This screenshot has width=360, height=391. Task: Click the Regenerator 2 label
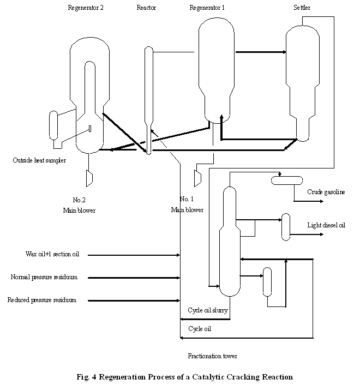tap(86, 8)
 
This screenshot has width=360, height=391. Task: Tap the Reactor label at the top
tap(146, 8)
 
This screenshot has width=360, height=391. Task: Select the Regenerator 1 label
tap(207, 8)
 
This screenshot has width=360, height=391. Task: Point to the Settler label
tap(302, 8)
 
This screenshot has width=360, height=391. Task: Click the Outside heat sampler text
tap(39, 160)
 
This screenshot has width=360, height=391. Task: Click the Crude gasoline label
tap(326, 192)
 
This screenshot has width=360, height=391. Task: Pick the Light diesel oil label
tap(326, 225)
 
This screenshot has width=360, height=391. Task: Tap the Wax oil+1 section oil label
tap(52, 254)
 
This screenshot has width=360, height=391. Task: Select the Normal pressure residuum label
tap(44, 277)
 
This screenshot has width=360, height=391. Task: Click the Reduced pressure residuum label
tap(42, 300)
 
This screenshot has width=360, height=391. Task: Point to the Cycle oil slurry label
tap(208, 310)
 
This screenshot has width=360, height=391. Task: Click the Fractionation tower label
tap(213, 356)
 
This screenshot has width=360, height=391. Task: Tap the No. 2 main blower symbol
tap(89, 178)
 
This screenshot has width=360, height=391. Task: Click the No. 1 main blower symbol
tap(197, 178)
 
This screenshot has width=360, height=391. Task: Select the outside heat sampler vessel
tap(53, 125)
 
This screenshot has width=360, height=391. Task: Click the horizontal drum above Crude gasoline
tap(287, 181)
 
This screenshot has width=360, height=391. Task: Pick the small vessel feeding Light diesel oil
tap(286, 227)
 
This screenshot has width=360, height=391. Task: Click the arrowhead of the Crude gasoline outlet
tap(322, 201)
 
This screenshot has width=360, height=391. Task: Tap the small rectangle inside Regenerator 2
tap(90, 129)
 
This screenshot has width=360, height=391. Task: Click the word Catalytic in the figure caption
tap(208, 377)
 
